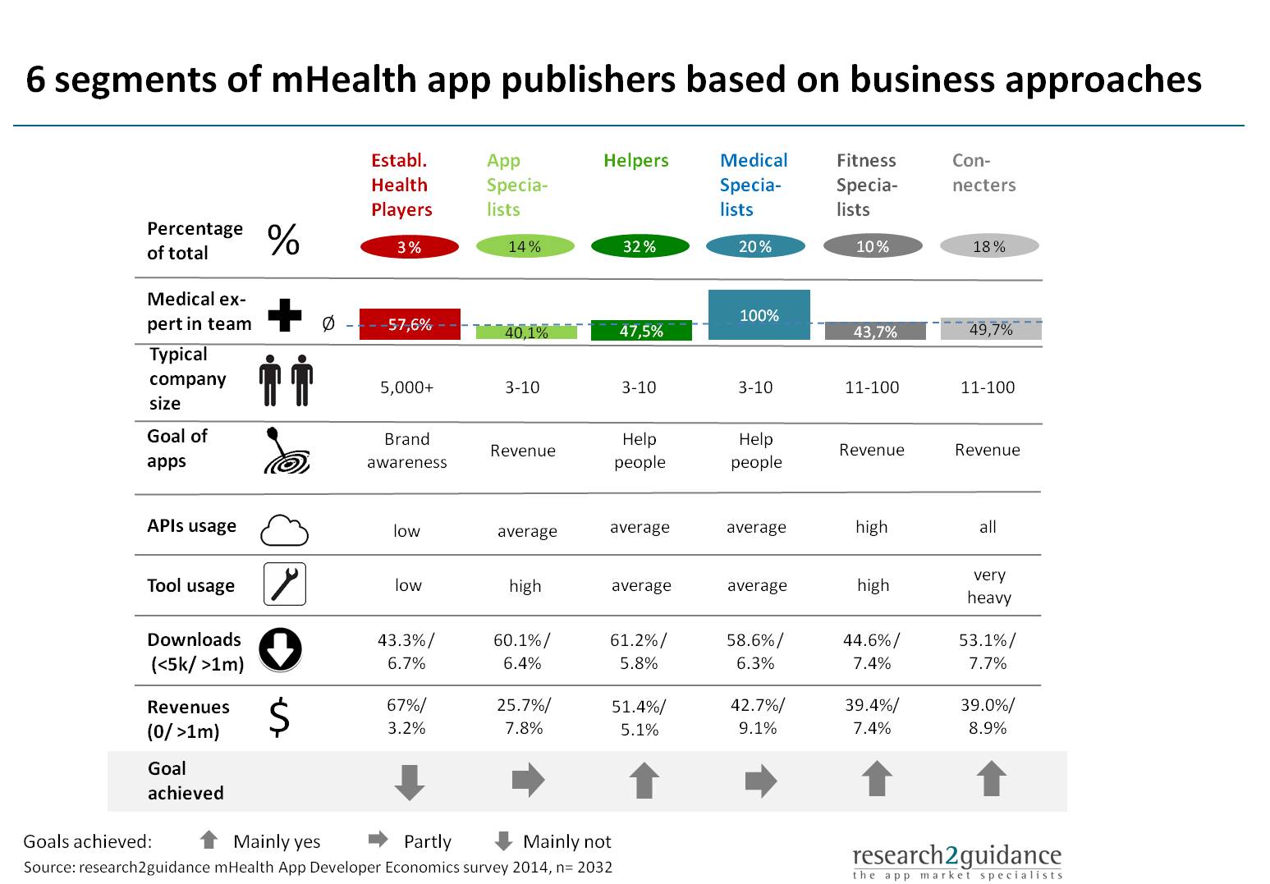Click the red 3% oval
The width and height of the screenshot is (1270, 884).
point(409,246)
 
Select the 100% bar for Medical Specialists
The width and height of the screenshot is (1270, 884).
point(759,315)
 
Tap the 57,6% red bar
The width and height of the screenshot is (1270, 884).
point(410,324)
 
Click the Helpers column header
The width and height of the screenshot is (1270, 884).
point(635,161)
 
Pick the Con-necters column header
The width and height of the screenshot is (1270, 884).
point(983,173)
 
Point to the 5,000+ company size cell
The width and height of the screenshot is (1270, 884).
point(406,387)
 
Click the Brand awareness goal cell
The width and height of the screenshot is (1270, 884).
point(406,451)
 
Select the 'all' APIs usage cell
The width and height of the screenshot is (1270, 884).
point(988,527)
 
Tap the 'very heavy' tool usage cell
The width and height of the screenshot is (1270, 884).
point(988,586)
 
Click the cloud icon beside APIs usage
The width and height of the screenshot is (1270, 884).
point(284,530)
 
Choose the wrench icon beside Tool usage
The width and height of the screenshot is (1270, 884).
point(284,584)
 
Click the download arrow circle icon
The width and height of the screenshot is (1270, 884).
point(281,648)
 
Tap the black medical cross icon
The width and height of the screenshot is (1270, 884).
point(285,314)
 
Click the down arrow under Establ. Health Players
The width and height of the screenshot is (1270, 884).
point(410,781)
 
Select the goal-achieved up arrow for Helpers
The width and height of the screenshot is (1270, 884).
point(644,780)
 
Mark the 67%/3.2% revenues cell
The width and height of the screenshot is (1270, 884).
point(406,717)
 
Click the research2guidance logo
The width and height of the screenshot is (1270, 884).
point(956,862)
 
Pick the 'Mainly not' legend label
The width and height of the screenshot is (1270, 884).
point(566,842)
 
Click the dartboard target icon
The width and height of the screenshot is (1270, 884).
point(286,452)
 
